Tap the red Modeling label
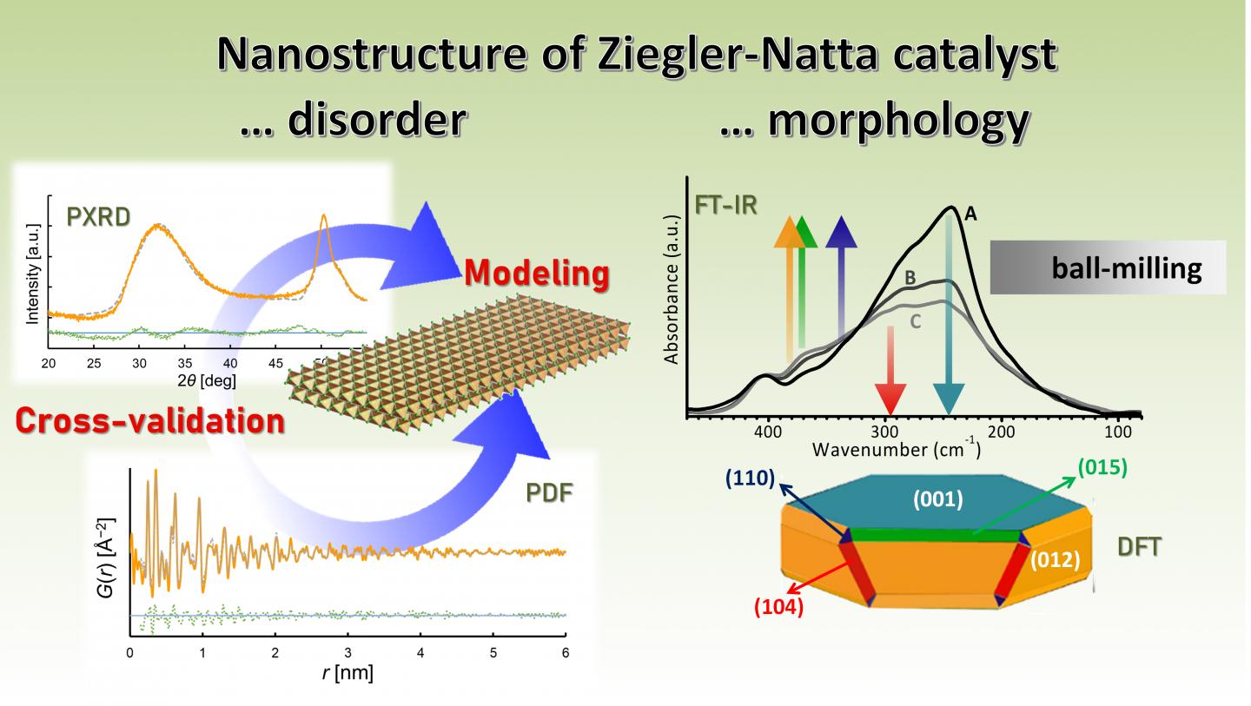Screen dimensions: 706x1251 (x=536, y=274)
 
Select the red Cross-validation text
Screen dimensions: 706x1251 (x=150, y=421)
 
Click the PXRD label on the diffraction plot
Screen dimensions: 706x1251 (x=98, y=216)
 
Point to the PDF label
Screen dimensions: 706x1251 (x=549, y=493)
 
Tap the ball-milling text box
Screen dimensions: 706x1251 (x=1108, y=267)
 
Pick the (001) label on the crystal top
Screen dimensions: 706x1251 (x=937, y=500)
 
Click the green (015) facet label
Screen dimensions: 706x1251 (x=1102, y=467)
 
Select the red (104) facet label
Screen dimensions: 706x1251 (x=778, y=607)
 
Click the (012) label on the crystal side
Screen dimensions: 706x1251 (x=1055, y=560)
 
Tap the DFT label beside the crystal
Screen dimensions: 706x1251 (x=1139, y=546)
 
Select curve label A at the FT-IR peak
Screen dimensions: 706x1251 (x=970, y=214)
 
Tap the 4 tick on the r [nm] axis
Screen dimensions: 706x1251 (x=420, y=653)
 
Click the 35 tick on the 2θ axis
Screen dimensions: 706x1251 (x=184, y=363)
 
